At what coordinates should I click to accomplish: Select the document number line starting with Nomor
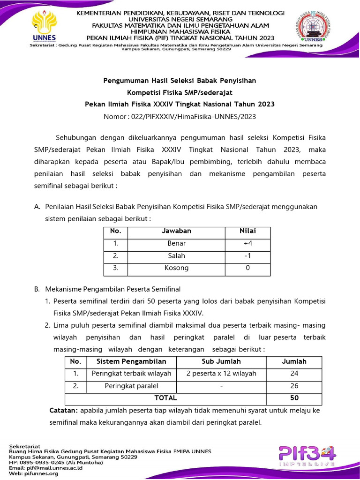point(180,116)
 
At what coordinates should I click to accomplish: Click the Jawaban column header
point(176,231)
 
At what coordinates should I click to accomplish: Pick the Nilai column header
point(247,231)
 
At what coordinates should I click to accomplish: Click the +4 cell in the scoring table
point(247,243)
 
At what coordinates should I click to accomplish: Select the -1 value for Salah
point(247,256)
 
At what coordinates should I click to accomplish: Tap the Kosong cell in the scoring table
point(176,268)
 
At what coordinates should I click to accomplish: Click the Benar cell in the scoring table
point(176,243)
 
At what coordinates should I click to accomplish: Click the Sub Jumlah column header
point(221,361)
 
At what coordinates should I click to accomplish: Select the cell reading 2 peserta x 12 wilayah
point(221,374)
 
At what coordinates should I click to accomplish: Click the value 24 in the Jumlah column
point(294,374)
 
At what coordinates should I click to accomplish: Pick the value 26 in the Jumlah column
point(294,386)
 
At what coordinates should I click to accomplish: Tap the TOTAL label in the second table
point(165,398)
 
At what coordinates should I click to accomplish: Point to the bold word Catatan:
point(64,410)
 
